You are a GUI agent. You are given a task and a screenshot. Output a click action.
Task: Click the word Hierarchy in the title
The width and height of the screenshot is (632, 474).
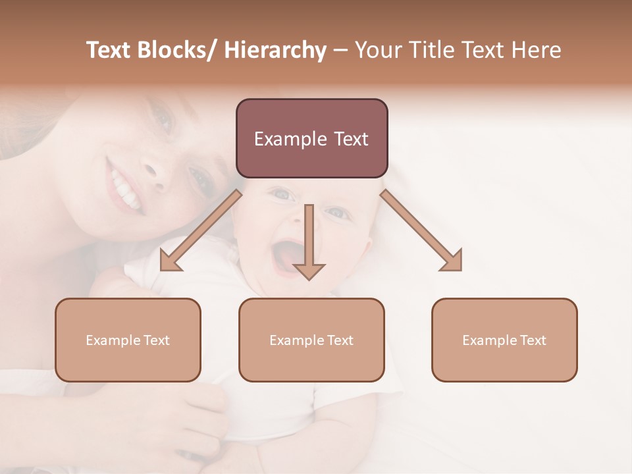275,51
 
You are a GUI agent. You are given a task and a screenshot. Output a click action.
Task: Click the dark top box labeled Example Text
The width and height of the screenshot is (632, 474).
311,138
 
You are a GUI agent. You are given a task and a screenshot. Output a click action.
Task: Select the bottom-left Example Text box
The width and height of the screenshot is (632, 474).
128,340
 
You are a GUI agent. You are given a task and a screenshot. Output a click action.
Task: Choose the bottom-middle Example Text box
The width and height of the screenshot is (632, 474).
311,340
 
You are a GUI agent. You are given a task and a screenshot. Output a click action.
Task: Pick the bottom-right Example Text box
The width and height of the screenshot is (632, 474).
504,340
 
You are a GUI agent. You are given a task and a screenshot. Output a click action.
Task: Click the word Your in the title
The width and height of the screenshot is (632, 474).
379,51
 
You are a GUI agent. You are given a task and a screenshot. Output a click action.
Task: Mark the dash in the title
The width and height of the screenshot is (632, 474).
340,51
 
